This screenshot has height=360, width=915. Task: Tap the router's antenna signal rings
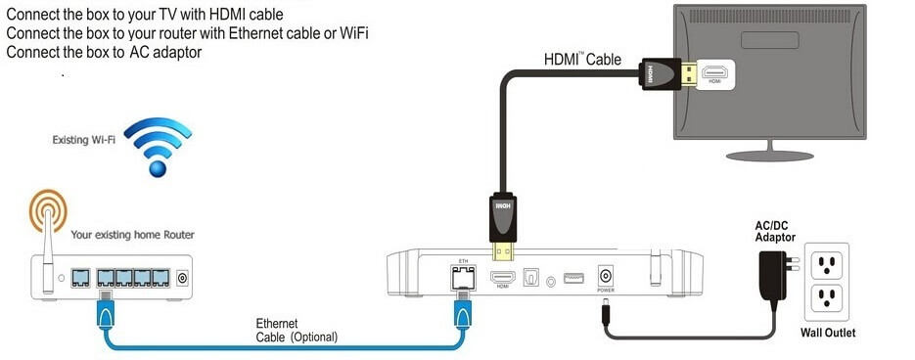(x=46, y=211)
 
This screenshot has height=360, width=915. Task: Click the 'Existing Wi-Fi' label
(x=84, y=141)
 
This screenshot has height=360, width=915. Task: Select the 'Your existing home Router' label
(x=132, y=235)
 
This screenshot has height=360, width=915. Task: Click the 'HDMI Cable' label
(x=582, y=59)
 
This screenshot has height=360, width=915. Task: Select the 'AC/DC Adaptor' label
(x=774, y=232)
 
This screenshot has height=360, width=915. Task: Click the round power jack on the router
(x=182, y=280)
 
